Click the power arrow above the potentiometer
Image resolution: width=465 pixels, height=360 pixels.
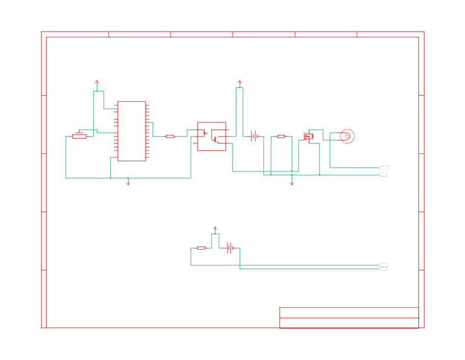(97, 84)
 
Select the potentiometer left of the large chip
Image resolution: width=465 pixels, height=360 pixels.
(79, 136)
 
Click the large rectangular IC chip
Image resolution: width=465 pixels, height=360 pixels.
(131, 131)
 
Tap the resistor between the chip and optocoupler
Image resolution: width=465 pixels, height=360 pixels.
(170, 136)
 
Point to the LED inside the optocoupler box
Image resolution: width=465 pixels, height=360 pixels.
(205, 133)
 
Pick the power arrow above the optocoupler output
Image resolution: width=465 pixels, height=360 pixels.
(239, 83)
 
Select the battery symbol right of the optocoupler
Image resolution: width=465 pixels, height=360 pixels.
(254, 136)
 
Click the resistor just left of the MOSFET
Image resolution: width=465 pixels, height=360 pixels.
(281, 136)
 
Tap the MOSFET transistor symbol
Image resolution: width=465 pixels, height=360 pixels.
(309, 136)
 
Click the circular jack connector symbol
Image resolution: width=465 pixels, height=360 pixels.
(347, 136)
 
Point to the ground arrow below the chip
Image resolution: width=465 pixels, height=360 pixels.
(128, 182)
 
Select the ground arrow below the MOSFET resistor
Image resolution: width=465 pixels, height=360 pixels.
(291, 182)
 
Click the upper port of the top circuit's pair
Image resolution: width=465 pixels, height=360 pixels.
(383, 167)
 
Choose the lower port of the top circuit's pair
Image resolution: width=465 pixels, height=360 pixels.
(383, 175)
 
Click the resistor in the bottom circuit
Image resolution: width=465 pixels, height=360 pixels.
(201, 248)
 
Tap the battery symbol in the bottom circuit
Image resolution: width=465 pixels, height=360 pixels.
(229, 248)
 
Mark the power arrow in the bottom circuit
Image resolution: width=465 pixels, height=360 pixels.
(215, 230)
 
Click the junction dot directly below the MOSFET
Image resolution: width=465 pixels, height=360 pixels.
(320, 175)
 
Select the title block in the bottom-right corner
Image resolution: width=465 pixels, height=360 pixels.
(349, 318)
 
